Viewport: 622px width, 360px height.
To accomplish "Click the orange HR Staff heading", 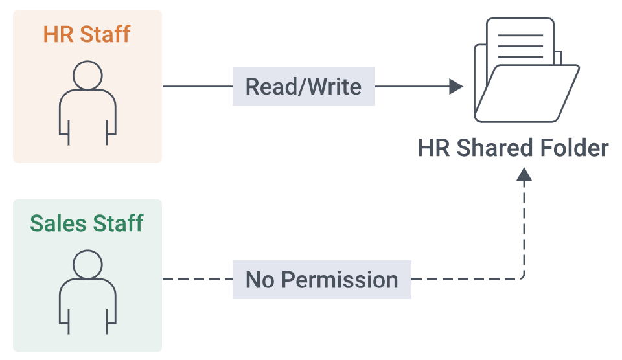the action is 86,34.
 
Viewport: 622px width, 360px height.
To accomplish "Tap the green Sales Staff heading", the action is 86,223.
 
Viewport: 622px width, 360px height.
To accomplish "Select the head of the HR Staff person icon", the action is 87,75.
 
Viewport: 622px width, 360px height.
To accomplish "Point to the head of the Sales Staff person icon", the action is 87,264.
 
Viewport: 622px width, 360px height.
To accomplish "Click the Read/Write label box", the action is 303,86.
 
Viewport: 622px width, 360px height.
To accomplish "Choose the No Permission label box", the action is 322,280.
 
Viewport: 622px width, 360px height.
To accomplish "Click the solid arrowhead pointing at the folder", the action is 455,86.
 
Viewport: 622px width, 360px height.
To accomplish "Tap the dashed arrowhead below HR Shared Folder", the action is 524,174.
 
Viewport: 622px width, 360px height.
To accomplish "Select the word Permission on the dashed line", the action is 340,280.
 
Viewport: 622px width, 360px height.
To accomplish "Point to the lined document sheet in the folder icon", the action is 520,41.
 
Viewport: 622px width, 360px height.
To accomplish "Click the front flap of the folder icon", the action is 527,94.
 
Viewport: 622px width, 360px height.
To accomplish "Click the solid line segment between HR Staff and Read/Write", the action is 198,86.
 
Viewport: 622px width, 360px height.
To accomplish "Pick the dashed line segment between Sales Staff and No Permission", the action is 198,279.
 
